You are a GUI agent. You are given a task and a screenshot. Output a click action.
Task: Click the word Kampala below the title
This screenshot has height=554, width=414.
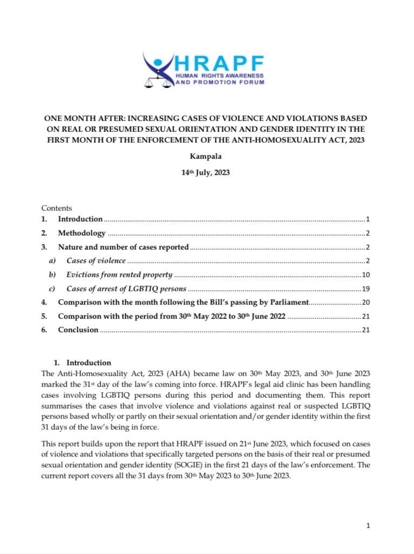pyautogui.click(x=207, y=157)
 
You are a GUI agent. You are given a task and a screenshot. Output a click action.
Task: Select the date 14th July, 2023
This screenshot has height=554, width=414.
pyautogui.click(x=207, y=176)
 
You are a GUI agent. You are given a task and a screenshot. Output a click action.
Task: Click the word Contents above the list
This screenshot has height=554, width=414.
pyautogui.click(x=57, y=208)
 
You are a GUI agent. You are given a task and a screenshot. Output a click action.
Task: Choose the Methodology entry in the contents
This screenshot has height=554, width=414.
pyautogui.click(x=82, y=233)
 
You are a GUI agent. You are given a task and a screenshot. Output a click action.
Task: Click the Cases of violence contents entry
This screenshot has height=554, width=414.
pyautogui.click(x=96, y=261)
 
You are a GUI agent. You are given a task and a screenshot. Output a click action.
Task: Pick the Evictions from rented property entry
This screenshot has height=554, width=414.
pyautogui.click(x=119, y=275)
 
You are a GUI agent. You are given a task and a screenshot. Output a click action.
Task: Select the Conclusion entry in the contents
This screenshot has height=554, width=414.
pyautogui.click(x=78, y=330)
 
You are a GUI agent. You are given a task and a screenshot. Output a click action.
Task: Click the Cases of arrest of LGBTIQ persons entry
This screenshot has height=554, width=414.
pyautogui.click(x=126, y=288)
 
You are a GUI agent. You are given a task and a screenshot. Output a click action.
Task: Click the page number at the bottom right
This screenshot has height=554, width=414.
pyautogui.click(x=368, y=525)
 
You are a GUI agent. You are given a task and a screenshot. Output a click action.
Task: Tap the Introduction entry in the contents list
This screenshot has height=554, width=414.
pyautogui.click(x=80, y=219)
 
